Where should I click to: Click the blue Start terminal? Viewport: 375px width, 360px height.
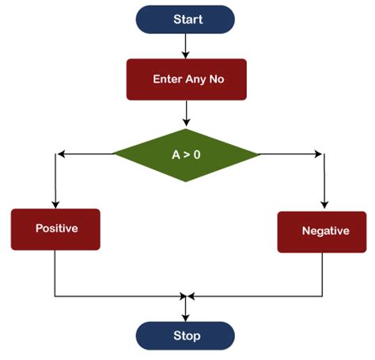pos(186,21)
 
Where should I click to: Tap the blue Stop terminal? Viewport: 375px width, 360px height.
pos(186,335)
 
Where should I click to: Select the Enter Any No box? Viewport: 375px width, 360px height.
pos(186,80)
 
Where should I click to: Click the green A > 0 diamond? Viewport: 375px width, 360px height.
pos(186,154)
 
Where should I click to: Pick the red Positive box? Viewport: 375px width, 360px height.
pos(55,229)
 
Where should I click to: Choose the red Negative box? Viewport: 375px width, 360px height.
pos(324,231)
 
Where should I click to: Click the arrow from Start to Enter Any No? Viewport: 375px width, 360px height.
pos(186,46)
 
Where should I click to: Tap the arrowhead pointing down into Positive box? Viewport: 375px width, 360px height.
pos(55,203)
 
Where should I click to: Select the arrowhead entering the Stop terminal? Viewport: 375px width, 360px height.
pos(186,316)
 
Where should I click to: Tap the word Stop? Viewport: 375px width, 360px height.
pos(186,335)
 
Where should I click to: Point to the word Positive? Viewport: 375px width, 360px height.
pos(56,229)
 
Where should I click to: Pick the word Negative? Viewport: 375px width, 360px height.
pos(324,231)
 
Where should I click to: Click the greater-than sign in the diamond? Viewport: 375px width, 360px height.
pos(186,155)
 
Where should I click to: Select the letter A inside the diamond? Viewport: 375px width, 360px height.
pos(176,155)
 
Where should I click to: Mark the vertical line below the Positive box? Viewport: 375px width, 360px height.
pos(55,273)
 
